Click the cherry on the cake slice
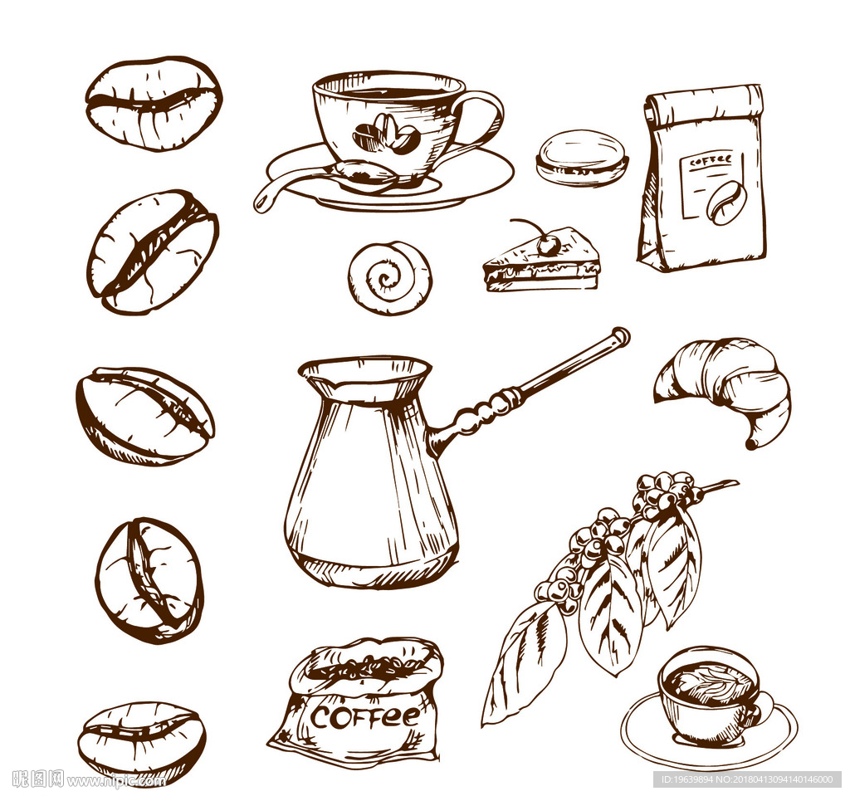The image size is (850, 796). pyautogui.click(x=549, y=247)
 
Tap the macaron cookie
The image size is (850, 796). pyautogui.click(x=582, y=159)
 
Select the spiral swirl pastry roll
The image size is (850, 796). pyautogui.click(x=390, y=278)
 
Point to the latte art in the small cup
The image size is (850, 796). pyautogui.click(x=706, y=684)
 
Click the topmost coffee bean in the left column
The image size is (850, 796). pyautogui.click(x=154, y=102)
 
